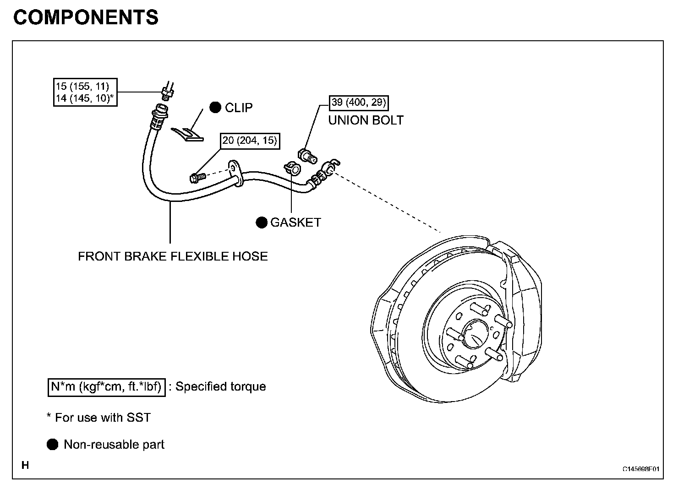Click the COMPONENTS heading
pyautogui.click(x=86, y=17)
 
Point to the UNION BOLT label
pyautogui.click(x=366, y=120)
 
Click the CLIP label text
pyautogui.click(x=239, y=108)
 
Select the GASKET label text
pyautogui.click(x=295, y=222)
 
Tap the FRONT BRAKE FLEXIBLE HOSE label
pyautogui.click(x=173, y=256)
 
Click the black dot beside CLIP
pyautogui.click(x=215, y=107)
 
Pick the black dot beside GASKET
pyautogui.click(x=262, y=222)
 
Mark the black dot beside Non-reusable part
pyautogui.click(x=52, y=444)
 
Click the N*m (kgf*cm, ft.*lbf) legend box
pyautogui.click(x=106, y=387)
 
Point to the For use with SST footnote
pyautogui.click(x=99, y=418)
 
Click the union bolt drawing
pyautogui.click(x=307, y=156)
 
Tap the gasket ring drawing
pyautogui.click(x=292, y=168)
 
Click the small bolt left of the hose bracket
pyautogui.click(x=197, y=178)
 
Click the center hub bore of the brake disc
pyautogui.click(x=475, y=334)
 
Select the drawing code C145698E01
pyautogui.click(x=641, y=469)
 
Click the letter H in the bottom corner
pyautogui.click(x=25, y=465)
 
